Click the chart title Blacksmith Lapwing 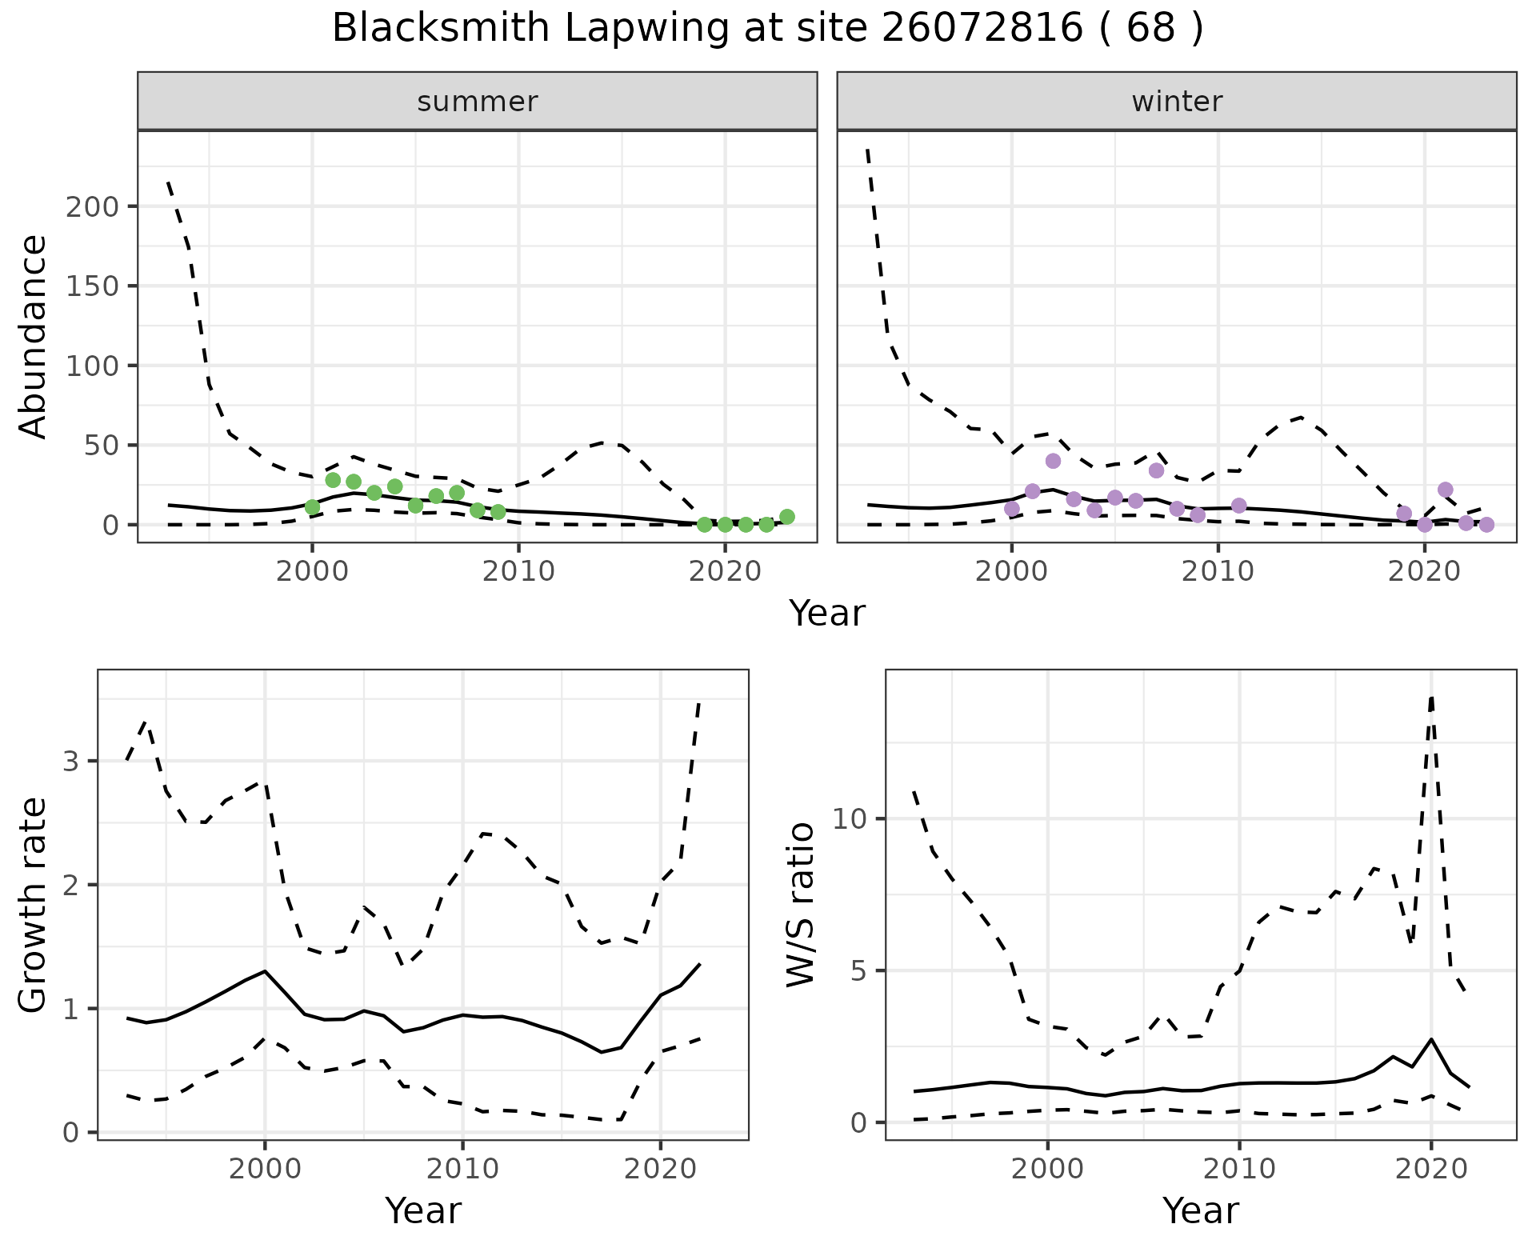pos(766,29)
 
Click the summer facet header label pos(478,102)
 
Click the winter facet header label pos(1177,102)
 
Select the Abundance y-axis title pos(34,336)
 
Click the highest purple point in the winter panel pos(1053,461)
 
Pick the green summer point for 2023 pos(787,517)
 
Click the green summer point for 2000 pos(313,507)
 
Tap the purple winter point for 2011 pos(1239,506)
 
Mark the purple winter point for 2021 pos(1446,490)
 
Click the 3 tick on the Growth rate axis pos(71,761)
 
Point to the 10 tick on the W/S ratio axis pos(848,819)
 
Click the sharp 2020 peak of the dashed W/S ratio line pos(1431,698)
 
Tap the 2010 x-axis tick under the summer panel pos(518,572)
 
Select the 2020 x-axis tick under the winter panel pos(1425,572)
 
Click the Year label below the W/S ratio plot pos(1201,1210)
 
